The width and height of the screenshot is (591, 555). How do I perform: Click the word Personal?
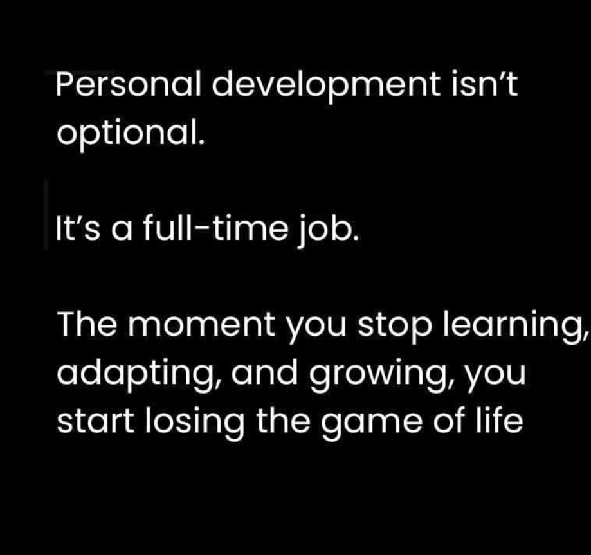click(128, 84)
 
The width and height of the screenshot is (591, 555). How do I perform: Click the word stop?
click(394, 327)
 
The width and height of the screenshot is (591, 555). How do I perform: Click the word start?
click(95, 421)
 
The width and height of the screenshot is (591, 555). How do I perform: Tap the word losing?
click(194, 423)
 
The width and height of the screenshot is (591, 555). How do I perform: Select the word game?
click(372, 425)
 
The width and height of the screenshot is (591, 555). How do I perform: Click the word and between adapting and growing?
click(264, 372)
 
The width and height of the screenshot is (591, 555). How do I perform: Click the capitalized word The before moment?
click(87, 324)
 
